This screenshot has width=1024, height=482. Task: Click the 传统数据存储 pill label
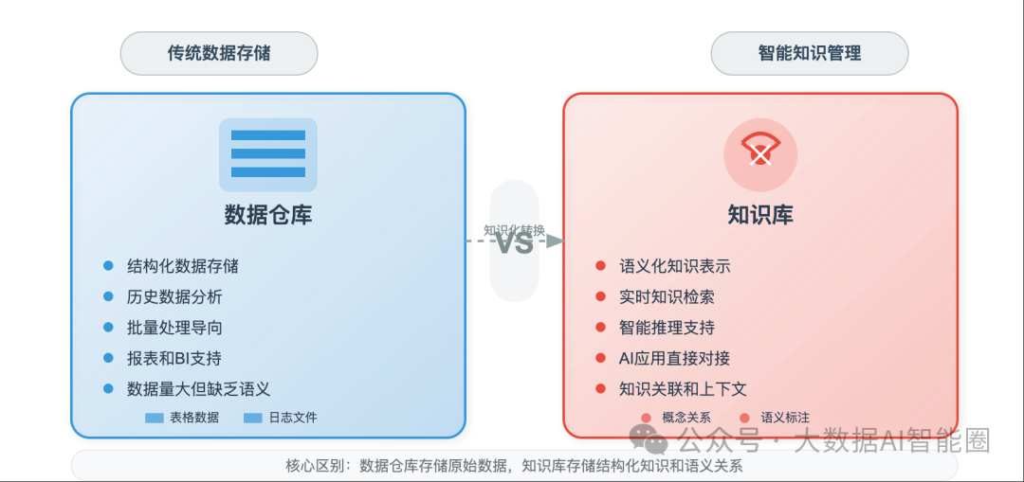219,53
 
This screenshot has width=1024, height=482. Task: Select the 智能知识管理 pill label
810,53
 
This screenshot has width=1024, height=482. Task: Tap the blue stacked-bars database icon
268,154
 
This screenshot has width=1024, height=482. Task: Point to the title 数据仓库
268,215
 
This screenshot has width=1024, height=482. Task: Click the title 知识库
760,215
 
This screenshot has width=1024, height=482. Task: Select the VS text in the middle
515,242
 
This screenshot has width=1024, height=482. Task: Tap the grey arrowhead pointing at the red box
556,241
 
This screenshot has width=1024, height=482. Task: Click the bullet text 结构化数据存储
183,266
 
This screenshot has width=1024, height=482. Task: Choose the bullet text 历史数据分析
174,296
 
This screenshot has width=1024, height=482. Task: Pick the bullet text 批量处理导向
174,328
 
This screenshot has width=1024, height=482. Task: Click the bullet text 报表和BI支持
174,358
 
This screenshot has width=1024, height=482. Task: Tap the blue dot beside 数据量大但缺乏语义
108,388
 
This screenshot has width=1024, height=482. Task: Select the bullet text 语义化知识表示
674,266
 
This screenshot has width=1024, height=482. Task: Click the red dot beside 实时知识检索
600,296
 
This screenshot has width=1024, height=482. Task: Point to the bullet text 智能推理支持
667,328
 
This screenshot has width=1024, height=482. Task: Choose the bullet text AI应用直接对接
674,358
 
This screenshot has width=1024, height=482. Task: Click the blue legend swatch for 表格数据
155,418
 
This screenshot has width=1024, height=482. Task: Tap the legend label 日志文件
293,418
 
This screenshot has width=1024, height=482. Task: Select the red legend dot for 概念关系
646,418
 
